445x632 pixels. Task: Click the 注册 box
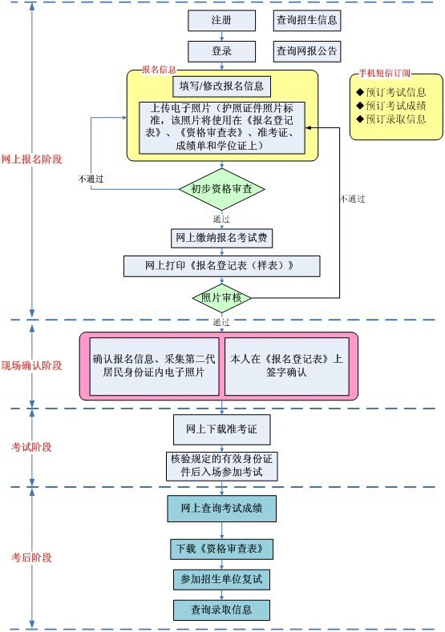click(x=222, y=19)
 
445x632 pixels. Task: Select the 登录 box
click(x=222, y=51)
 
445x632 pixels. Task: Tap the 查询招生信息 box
click(x=307, y=19)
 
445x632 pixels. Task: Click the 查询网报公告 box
click(x=307, y=51)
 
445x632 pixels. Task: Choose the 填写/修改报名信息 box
click(x=222, y=85)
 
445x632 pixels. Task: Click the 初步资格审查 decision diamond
click(x=222, y=189)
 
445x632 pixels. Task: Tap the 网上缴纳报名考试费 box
click(x=222, y=238)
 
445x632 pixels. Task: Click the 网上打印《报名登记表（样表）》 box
click(x=222, y=266)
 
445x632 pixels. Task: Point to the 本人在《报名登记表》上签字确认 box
click(x=286, y=366)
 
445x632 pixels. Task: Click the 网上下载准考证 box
click(x=222, y=429)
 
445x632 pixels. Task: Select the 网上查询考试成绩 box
click(x=222, y=508)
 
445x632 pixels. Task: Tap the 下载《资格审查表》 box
click(x=222, y=549)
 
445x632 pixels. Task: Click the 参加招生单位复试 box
click(x=222, y=578)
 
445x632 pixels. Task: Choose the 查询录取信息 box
click(x=222, y=609)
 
